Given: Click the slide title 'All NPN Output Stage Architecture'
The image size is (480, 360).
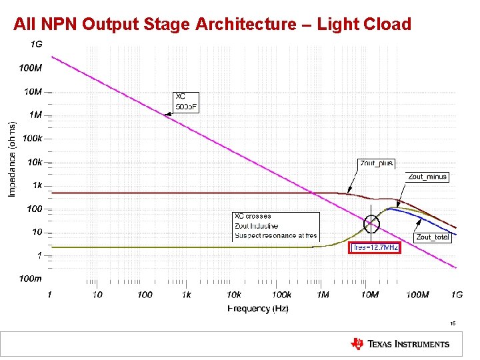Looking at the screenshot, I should [212, 25].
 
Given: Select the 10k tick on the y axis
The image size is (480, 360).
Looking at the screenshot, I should [34, 161].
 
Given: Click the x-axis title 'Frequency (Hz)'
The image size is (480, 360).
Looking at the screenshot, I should [258, 308].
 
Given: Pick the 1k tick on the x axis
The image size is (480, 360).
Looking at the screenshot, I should [186, 295].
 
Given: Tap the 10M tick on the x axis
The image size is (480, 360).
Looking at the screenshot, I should [369, 295].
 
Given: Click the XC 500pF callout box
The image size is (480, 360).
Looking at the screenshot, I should [186, 102].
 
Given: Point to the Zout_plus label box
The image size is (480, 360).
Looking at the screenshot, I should [377, 163].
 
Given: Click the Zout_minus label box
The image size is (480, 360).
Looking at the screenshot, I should [427, 177].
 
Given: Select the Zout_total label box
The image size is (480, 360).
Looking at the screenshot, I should [432, 237].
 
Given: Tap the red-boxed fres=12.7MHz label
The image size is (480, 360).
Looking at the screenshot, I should [375, 247].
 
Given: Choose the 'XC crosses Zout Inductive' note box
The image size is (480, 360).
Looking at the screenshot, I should [276, 226].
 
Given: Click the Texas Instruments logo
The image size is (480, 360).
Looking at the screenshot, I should [400, 344].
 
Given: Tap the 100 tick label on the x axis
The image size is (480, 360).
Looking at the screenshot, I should [145, 295].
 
